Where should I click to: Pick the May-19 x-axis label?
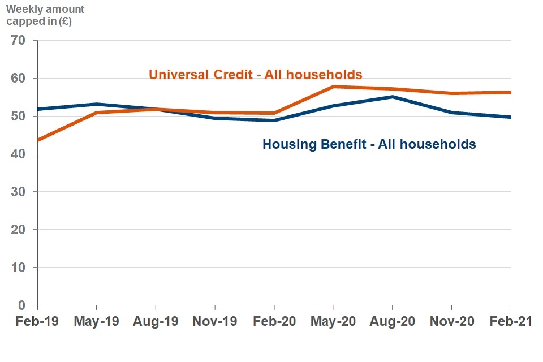96,321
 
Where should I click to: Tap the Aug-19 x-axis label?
156,321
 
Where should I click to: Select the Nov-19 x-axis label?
215,321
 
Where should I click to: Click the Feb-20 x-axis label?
274,321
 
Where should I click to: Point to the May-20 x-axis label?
333,321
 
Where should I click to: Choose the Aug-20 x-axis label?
393,321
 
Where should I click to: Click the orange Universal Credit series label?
255,75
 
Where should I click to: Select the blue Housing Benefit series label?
369,144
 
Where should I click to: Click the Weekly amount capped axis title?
45,16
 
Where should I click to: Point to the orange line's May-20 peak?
333,87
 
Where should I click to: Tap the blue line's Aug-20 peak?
393,97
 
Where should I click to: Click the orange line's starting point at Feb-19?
37,140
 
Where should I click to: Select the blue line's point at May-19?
97,104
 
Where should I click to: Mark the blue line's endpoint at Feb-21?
510,117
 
